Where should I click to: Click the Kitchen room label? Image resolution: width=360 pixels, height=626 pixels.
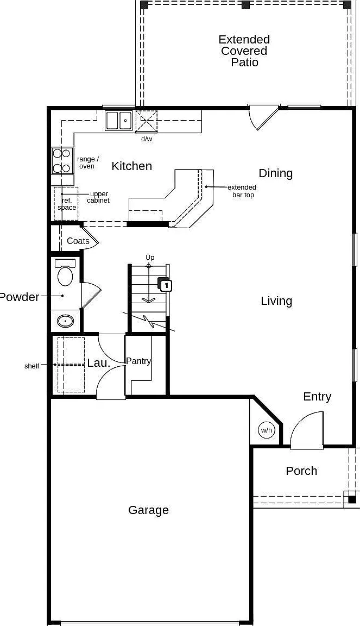[132, 166]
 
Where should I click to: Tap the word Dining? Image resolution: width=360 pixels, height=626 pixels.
[276, 174]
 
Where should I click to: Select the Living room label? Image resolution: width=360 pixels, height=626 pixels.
[276, 301]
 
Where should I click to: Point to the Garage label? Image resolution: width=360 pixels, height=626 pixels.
[148, 510]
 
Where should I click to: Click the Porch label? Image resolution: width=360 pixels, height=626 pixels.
[301, 471]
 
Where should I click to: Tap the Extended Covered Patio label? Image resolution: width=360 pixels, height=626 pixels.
[244, 51]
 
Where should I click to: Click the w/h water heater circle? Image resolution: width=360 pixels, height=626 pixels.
[267, 430]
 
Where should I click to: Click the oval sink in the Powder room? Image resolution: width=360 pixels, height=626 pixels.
[66, 321]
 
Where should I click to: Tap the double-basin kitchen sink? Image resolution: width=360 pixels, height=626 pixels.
[119, 121]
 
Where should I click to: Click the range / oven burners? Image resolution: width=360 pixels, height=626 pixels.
[62, 161]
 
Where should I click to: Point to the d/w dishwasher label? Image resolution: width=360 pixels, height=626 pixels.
[147, 139]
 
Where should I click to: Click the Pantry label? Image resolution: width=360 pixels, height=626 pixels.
[138, 361]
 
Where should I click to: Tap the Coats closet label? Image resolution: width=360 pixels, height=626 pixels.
[78, 241]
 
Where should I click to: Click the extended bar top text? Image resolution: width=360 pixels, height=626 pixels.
[242, 191]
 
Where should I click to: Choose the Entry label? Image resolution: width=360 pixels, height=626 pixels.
[317, 397]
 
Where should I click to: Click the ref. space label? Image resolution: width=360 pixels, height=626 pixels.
[67, 204]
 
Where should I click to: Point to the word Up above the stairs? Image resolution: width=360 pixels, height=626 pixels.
[150, 258]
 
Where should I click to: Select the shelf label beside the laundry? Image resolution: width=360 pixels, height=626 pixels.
[32, 366]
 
